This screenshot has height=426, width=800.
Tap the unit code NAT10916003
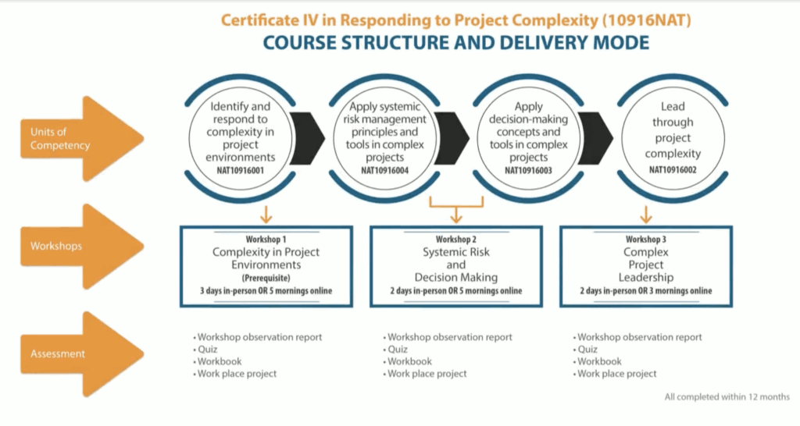coord(528,169)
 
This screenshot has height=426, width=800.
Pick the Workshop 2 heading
coord(455,239)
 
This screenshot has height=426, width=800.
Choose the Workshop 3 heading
coord(645,239)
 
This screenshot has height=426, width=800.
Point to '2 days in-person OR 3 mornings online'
coord(645,291)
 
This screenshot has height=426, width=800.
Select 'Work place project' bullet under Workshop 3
coord(616,374)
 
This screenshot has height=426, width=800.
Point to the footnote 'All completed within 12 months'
coord(727,397)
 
